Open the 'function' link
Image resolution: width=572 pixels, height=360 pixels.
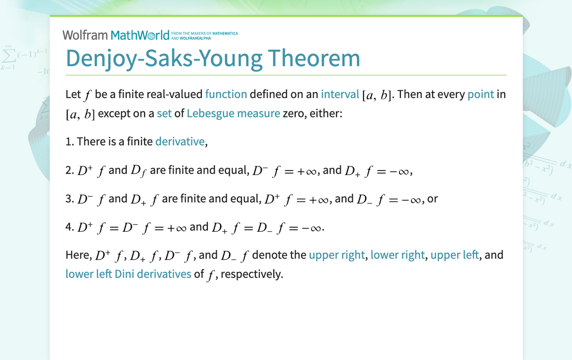[x=226, y=94]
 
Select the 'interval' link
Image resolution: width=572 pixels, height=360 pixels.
[x=340, y=94]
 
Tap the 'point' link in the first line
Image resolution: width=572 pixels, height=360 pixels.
[x=480, y=94]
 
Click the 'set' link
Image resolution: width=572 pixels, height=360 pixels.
[x=164, y=113]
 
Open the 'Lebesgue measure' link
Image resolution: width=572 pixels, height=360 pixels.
[x=233, y=113]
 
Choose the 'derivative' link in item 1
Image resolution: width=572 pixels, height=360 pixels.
[x=180, y=142]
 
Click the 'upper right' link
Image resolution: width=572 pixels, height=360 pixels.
[x=337, y=255]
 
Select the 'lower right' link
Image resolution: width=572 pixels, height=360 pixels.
[x=397, y=255]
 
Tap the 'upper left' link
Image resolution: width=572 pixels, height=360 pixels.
[x=454, y=255]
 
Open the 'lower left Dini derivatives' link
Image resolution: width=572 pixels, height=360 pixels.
[x=128, y=274]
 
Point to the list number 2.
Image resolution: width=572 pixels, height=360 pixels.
[x=69, y=171]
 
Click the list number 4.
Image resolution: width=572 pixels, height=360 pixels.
[x=69, y=227]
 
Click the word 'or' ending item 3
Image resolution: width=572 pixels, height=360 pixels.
[x=432, y=199]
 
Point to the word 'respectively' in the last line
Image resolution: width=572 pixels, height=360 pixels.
[x=251, y=274]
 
